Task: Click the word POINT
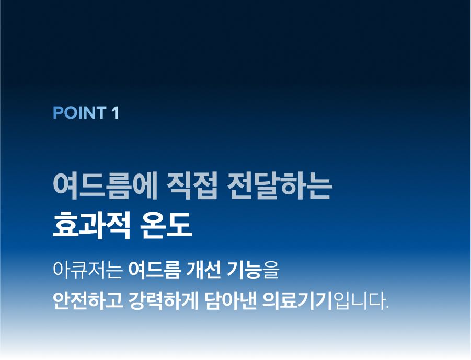(79, 113)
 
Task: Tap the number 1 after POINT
(116, 113)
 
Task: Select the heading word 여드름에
(106, 185)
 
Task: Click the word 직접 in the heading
(192, 185)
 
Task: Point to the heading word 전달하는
(280, 185)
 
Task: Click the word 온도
(166, 225)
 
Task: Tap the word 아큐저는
(88, 270)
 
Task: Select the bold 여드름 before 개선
(155, 270)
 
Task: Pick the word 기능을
(253, 270)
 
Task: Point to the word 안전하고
(88, 300)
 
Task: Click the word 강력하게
(164, 300)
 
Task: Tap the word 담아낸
(231, 300)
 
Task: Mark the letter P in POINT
(58, 113)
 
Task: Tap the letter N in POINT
(89, 113)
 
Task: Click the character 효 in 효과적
(65, 225)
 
